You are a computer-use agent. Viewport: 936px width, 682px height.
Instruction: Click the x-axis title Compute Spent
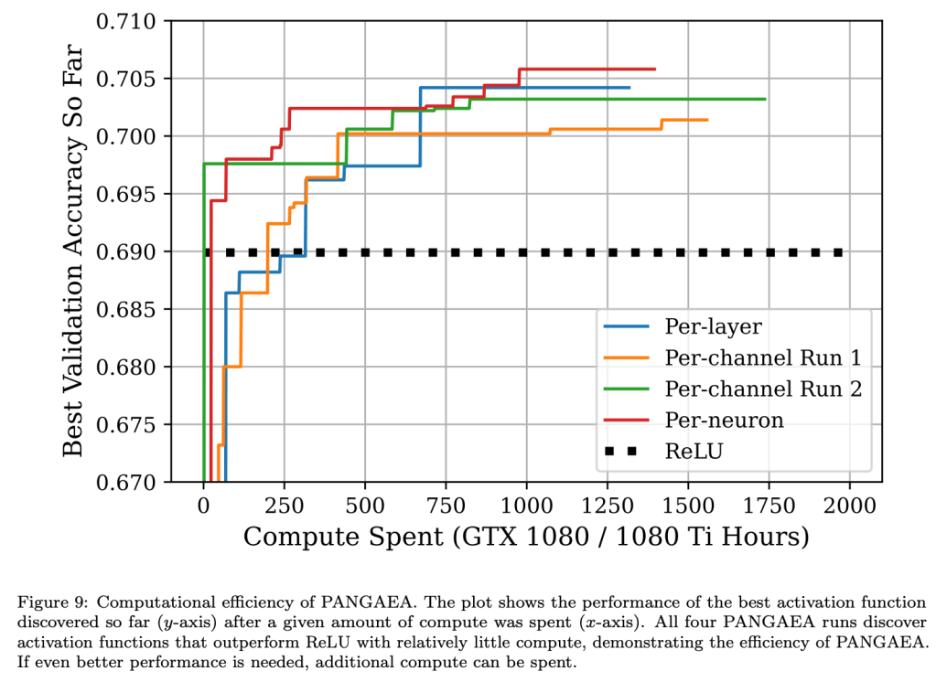[526, 537]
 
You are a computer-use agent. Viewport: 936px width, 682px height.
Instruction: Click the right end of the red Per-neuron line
[655, 69]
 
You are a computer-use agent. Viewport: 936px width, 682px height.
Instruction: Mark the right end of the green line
[765, 99]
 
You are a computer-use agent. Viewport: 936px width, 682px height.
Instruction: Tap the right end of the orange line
[707, 120]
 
